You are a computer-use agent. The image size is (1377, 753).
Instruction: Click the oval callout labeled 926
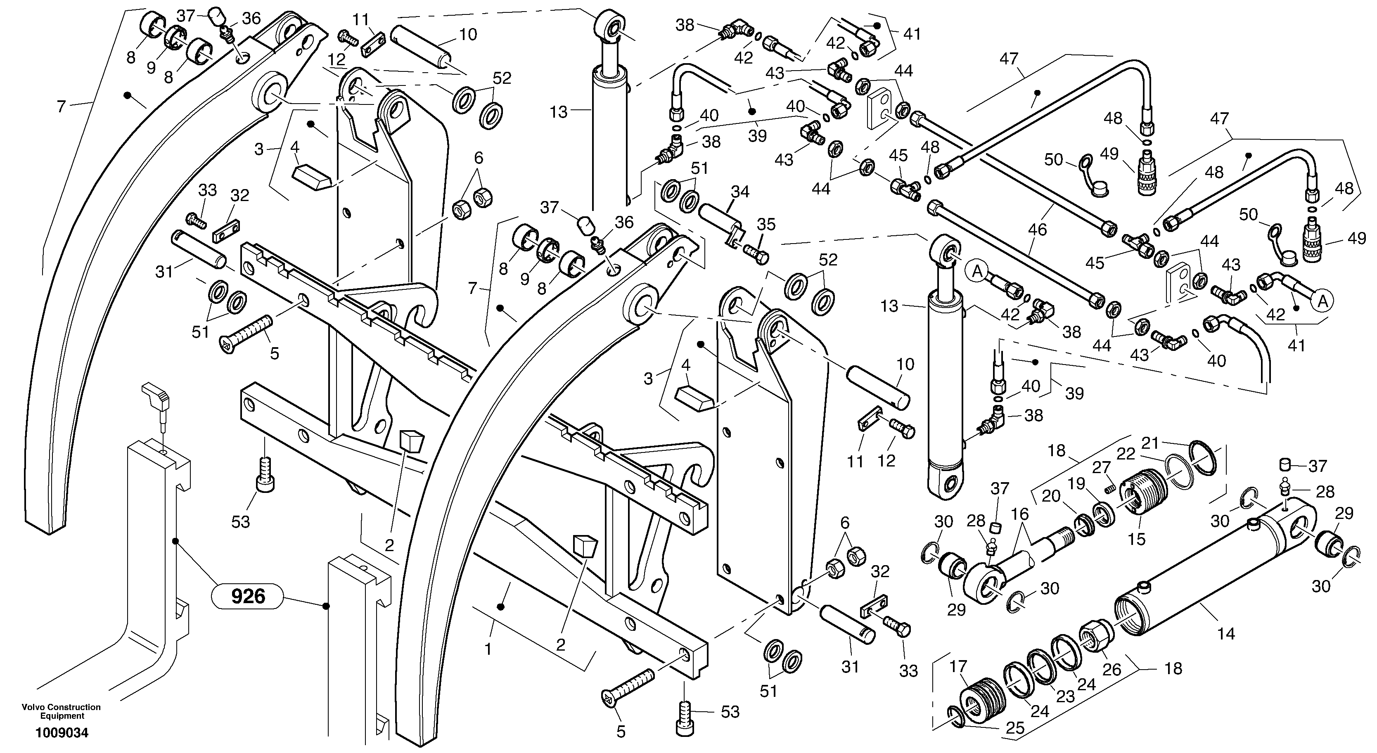(248, 595)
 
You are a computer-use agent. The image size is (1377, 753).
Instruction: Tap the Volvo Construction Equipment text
(62, 711)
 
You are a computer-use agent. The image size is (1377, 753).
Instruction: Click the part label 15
(1136, 539)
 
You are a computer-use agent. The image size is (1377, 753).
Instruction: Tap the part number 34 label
(740, 191)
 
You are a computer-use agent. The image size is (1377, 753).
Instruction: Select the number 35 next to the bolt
(766, 225)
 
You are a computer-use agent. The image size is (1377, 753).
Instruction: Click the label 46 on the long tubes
(1037, 230)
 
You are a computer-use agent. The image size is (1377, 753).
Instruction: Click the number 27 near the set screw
(1102, 468)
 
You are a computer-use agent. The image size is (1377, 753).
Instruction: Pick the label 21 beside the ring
(1150, 443)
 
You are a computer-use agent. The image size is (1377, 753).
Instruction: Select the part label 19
(1076, 484)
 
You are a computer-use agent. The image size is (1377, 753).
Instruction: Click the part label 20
(1051, 497)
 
